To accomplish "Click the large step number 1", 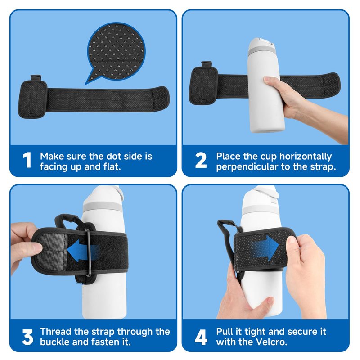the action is tap(27, 160).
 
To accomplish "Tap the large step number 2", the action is tap(201, 160).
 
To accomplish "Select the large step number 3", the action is tap(27, 337).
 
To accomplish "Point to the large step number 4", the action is tap(201, 337).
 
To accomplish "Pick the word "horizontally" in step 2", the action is tap(306, 157).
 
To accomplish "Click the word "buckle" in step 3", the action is tap(55, 342).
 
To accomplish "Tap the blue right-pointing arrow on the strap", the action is tap(266, 247).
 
